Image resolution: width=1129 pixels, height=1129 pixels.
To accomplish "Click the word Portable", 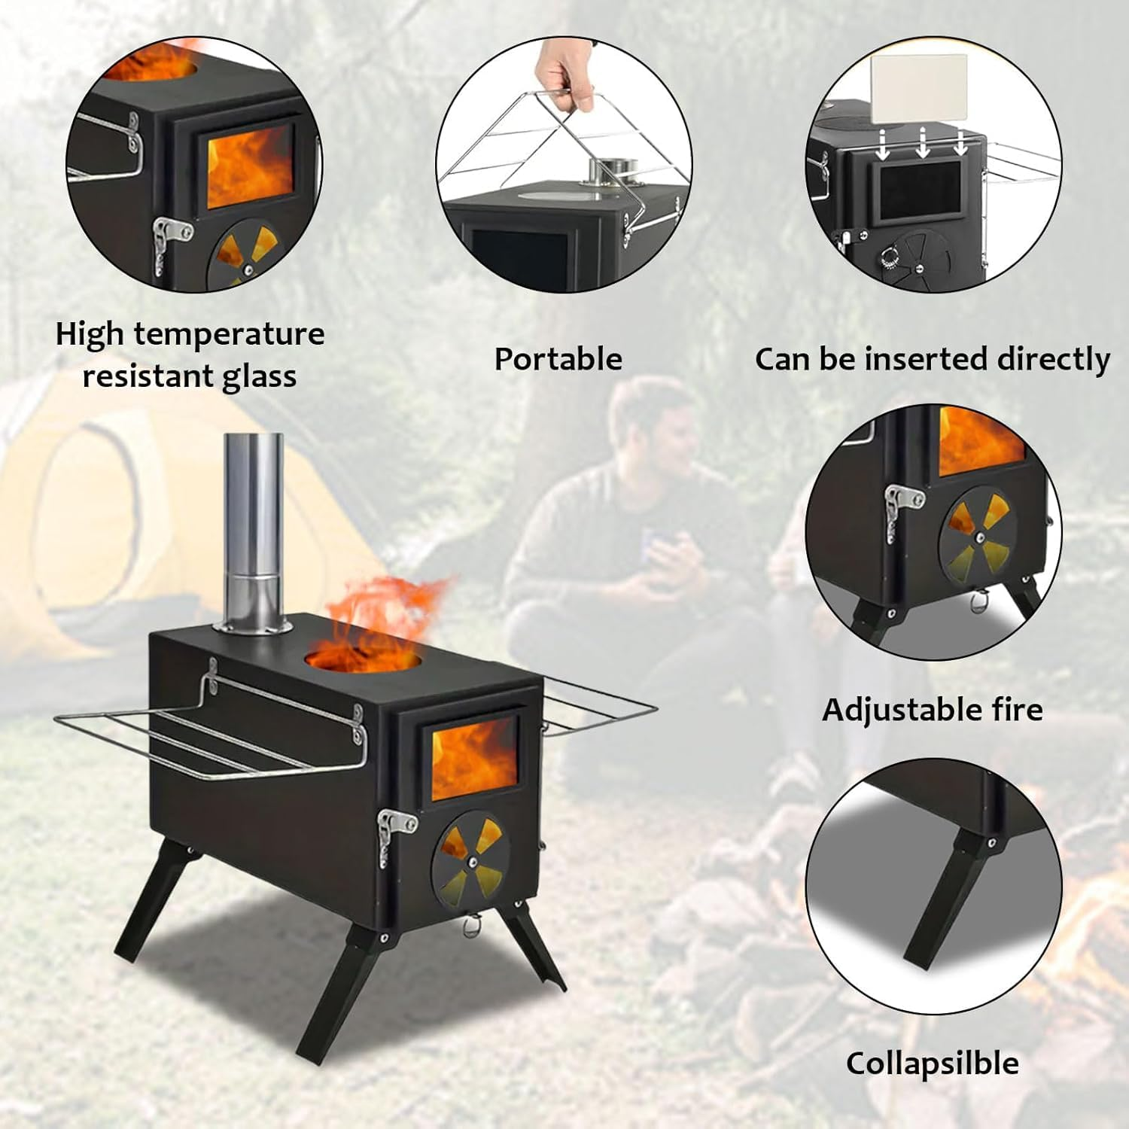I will (558, 359).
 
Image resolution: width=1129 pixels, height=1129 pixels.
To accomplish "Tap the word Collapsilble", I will (933, 1064).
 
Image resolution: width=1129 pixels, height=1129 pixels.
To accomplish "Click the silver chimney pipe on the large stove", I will (254, 527).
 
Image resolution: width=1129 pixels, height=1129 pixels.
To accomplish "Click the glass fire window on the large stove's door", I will (474, 758).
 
